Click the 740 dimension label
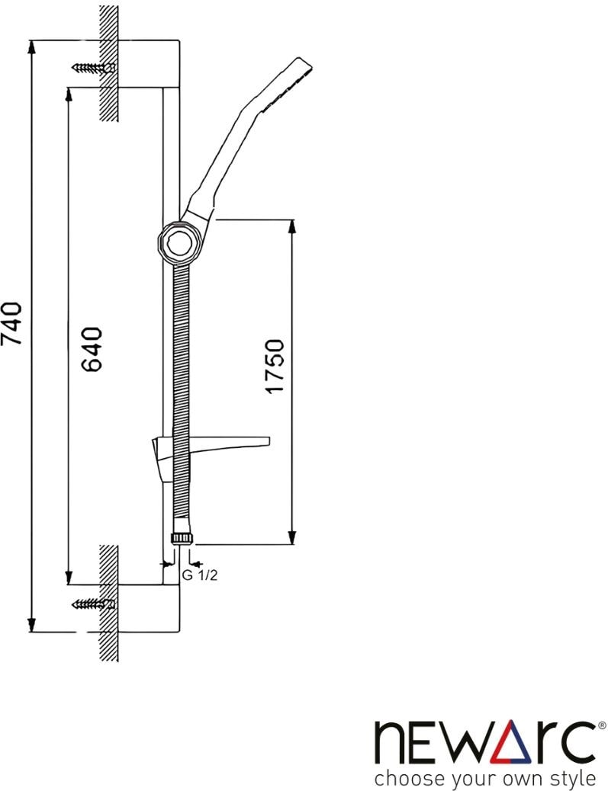[11, 323]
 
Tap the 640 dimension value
[92, 348]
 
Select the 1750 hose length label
[275, 366]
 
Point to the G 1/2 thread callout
[199, 575]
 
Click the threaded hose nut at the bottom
[182, 538]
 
